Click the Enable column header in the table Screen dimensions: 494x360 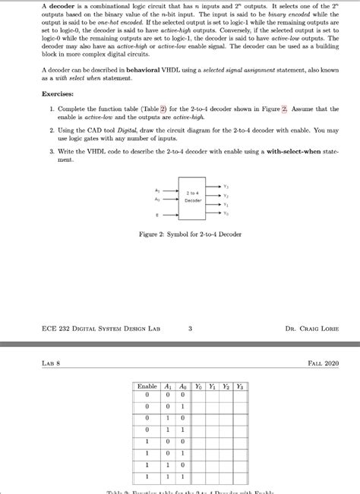tap(147, 386)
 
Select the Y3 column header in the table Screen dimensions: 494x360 tap(240, 386)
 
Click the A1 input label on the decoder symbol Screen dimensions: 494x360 tap(156, 190)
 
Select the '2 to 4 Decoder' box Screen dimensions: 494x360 tap(192, 198)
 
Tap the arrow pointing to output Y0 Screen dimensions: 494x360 tap(214, 213)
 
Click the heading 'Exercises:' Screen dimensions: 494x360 tap(59, 95)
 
